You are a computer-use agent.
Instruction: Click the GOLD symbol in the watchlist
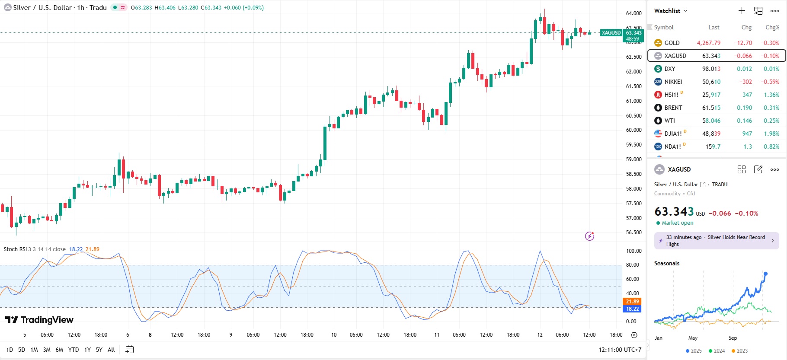click(x=672, y=43)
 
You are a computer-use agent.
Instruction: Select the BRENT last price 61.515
click(x=711, y=108)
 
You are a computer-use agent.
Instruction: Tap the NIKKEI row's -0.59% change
click(x=770, y=82)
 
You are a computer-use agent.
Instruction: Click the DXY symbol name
click(x=669, y=69)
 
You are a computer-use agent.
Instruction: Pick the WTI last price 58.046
click(x=711, y=121)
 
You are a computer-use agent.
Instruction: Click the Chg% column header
click(x=772, y=27)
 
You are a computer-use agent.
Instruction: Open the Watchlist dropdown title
click(x=670, y=11)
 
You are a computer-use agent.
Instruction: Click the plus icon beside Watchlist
click(x=742, y=11)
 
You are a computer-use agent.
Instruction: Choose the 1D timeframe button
click(x=10, y=350)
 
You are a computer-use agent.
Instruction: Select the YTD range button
click(x=74, y=350)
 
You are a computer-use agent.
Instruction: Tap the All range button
click(x=111, y=350)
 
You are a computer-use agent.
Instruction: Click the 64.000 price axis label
click(x=633, y=13)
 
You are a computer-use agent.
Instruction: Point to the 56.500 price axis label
click(x=633, y=233)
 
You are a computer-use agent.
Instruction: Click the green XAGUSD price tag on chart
click(x=611, y=33)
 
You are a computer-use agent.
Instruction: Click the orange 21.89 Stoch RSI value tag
click(x=632, y=302)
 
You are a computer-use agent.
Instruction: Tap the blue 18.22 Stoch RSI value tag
click(x=632, y=309)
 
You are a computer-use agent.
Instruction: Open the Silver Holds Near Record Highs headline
click(x=716, y=241)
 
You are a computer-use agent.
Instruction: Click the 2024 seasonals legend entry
click(x=717, y=351)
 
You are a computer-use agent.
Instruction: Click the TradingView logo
click(x=39, y=320)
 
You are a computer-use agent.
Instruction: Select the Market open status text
click(x=677, y=223)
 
